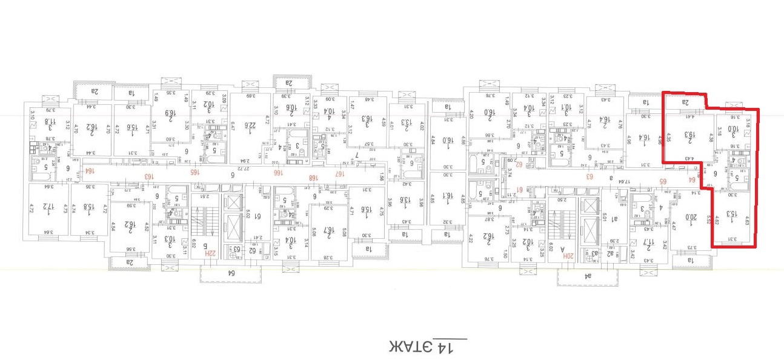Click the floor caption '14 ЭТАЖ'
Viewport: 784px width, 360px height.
click(428, 347)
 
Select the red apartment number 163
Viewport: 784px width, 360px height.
click(147, 176)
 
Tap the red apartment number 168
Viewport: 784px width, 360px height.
click(313, 177)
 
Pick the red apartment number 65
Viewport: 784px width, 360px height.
click(663, 181)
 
